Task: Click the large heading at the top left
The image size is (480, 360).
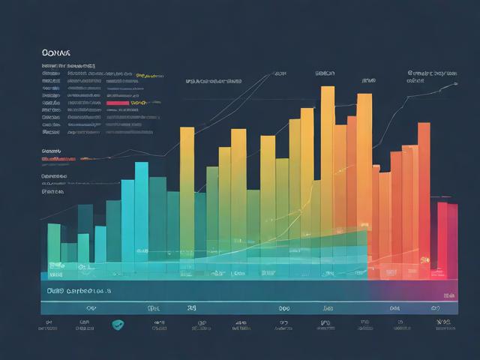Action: [55, 54]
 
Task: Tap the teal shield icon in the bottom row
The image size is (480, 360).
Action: [118, 324]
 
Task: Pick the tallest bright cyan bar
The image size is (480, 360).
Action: [141, 214]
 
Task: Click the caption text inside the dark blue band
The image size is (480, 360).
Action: [79, 289]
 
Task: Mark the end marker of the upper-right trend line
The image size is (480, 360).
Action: [455, 85]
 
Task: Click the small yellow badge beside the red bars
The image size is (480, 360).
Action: [424, 259]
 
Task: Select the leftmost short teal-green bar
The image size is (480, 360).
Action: [54, 244]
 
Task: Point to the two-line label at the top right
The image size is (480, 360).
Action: [431, 77]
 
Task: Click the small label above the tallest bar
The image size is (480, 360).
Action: [325, 74]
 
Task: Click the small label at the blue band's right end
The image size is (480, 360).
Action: [448, 295]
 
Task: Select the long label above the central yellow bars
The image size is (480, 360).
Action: [213, 79]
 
